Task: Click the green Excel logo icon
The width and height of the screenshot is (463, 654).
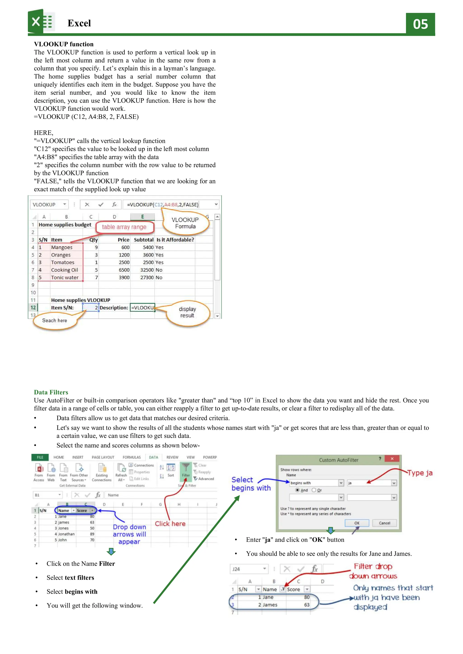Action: click(x=41, y=22)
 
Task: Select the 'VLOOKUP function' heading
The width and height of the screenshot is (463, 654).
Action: click(x=64, y=44)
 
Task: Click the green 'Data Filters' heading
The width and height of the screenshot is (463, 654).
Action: click(x=51, y=392)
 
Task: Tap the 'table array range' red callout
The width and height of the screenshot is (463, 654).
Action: click(x=124, y=227)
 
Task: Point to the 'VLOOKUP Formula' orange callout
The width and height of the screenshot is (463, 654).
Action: click(x=185, y=223)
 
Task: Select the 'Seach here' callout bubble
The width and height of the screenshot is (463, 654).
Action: click(x=54, y=320)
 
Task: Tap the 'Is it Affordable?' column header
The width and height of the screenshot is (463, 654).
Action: click(x=175, y=240)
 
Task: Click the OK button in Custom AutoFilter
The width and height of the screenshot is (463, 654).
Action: click(x=357, y=523)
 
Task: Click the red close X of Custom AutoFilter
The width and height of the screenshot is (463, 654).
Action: click(x=392, y=459)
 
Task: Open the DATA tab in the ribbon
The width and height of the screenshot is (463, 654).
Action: click(x=153, y=457)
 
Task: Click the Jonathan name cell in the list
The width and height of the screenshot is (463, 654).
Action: click(x=66, y=534)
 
